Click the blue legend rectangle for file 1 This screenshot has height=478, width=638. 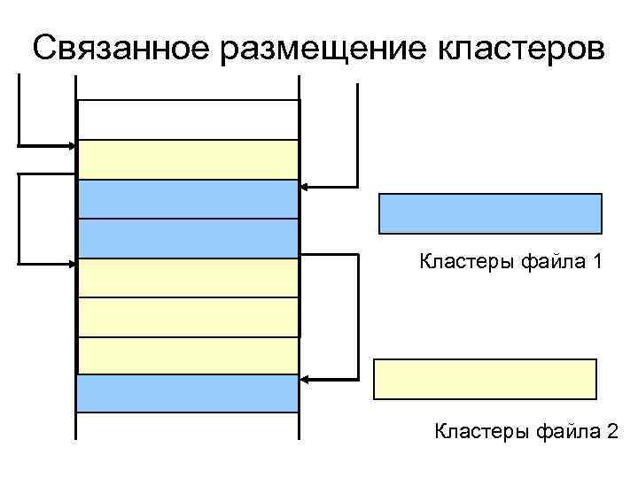pyautogui.click(x=490, y=213)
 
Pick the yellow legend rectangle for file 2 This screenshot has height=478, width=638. pyautogui.click(x=485, y=379)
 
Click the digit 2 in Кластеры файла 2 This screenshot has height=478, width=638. pyautogui.click(x=612, y=431)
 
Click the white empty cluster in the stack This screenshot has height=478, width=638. pyautogui.click(x=188, y=119)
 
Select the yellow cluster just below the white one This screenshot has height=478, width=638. pyautogui.click(x=188, y=159)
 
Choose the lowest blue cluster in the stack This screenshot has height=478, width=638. pyautogui.click(x=188, y=393)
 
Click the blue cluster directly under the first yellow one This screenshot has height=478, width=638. pyautogui.click(x=188, y=199)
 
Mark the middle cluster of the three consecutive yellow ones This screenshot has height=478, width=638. pyautogui.click(x=188, y=317)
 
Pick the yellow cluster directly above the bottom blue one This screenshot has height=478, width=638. pyautogui.click(x=188, y=356)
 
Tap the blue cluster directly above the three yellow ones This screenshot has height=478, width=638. pyautogui.click(x=188, y=238)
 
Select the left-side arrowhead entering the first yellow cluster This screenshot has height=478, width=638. pyautogui.click(x=73, y=144)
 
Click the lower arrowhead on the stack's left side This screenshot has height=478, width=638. pyautogui.click(x=73, y=264)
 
